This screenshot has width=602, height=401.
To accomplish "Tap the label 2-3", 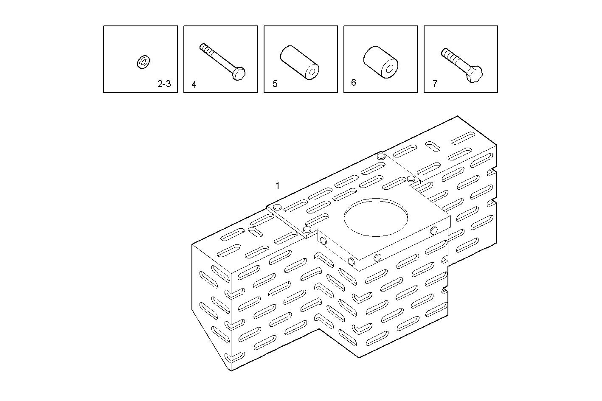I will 164,84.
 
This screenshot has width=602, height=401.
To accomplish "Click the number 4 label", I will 194,84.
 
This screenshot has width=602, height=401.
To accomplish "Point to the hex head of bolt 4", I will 239,73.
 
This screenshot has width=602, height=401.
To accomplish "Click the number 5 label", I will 275,84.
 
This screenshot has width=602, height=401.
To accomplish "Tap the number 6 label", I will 354,82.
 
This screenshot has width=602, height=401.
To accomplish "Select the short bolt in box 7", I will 461,65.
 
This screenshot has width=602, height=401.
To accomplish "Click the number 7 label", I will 435,84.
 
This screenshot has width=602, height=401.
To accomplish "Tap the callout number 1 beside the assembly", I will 278,185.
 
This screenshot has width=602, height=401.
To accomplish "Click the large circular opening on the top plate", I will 376,216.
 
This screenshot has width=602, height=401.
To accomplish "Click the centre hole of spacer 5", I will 312,73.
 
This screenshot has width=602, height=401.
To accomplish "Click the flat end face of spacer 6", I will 387,69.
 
